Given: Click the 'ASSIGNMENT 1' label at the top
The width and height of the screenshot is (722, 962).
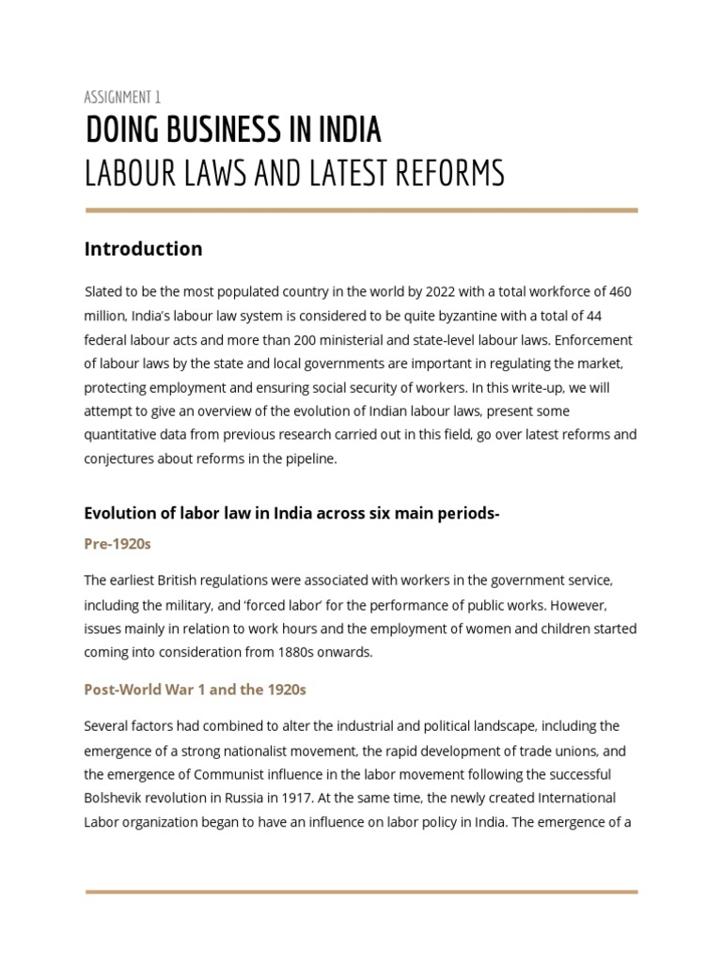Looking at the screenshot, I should click(122, 97).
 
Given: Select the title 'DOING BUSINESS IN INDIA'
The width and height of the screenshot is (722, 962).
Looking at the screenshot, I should click(233, 131).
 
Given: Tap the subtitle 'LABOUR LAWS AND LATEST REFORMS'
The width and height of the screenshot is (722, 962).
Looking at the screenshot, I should click(294, 174).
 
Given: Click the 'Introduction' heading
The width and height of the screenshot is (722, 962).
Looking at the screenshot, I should click(143, 249).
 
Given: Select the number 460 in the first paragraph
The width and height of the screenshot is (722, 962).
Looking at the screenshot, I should click(620, 292).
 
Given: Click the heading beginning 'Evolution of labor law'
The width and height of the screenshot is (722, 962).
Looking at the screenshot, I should click(291, 513).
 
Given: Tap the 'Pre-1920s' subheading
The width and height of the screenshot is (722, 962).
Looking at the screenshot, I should click(118, 544).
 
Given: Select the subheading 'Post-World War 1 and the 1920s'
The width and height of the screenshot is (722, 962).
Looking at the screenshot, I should click(195, 690).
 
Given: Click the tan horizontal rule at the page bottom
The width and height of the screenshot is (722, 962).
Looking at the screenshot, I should click(361, 892).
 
